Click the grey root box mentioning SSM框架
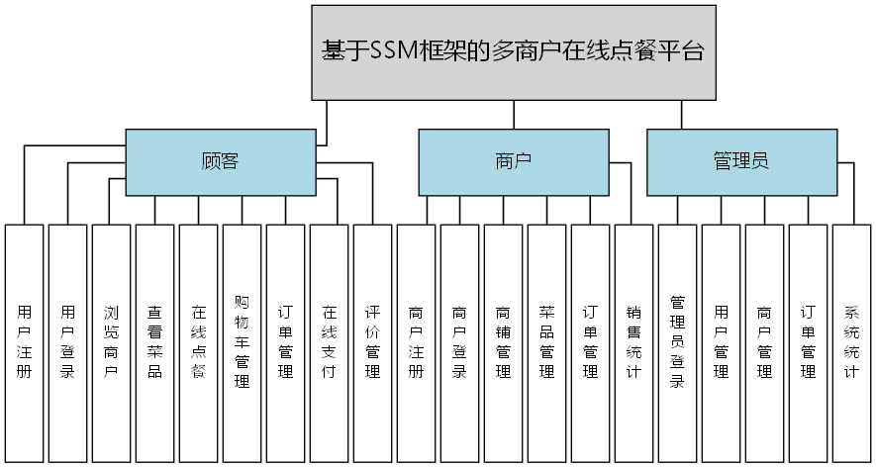tap(513, 52)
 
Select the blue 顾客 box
tap(219, 161)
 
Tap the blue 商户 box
tap(513, 161)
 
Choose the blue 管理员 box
tap(741, 161)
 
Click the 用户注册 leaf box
tap(25, 342)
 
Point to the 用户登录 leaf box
tap(67, 342)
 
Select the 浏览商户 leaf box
tap(111, 342)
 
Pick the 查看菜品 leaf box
tap(154, 342)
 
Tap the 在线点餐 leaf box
tap(198, 342)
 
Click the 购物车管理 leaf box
tap(242, 342)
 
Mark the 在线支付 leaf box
tap(329, 342)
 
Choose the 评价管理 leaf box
tap(372, 342)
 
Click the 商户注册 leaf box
tap(416, 342)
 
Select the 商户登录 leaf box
tap(459, 342)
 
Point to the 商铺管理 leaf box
tap(503, 342)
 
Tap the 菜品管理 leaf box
tap(546, 342)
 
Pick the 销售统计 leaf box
tap(633, 342)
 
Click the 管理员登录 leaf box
tap(677, 342)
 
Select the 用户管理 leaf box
tap(721, 342)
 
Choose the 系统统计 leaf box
tap(851, 342)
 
